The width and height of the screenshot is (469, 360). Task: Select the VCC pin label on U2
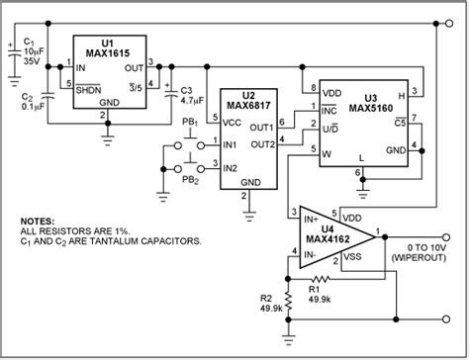point(234,123)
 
